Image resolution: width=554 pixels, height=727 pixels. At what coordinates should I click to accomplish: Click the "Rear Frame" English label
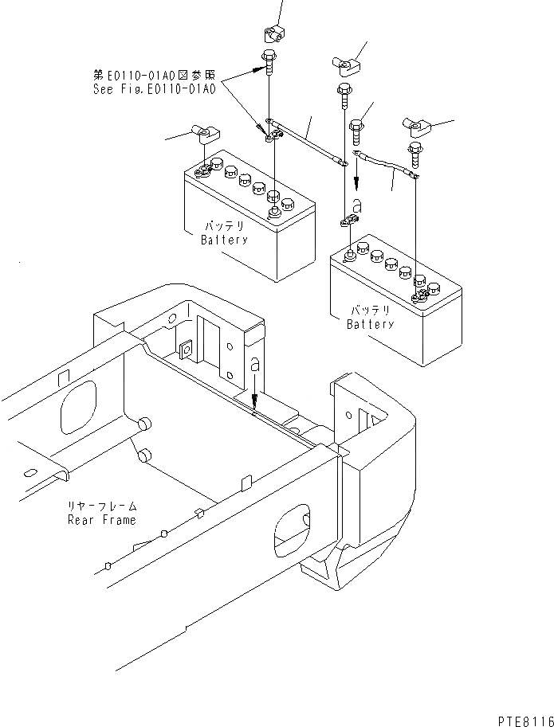pos(101,520)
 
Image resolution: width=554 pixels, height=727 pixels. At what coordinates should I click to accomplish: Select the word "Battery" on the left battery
pos(224,240)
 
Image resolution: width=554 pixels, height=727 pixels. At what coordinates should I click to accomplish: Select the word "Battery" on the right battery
pos(370,324)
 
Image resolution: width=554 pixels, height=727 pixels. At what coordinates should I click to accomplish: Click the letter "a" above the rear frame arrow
pos(254,365)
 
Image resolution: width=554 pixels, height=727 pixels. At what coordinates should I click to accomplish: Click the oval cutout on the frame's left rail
pos(78,408)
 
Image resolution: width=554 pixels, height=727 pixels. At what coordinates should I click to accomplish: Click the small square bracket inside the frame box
pos(188,349)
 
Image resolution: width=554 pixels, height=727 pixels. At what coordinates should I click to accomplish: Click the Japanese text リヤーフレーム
pos(101,506)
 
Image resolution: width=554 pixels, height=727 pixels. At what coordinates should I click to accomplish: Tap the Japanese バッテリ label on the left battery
pos(224,226)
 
